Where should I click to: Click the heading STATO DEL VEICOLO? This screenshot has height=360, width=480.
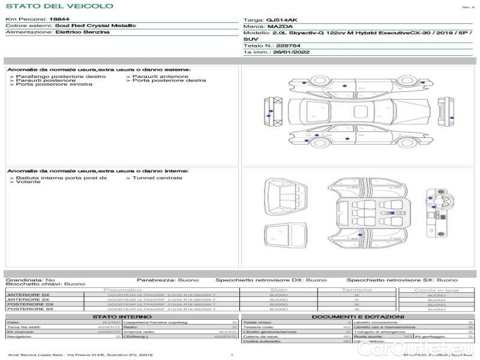tap(59, 6)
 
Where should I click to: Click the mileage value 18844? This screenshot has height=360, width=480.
tap(61, 20)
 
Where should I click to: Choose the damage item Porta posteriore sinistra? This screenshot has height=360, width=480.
tap(54, 85)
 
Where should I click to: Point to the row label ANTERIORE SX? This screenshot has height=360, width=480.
tap(23, 299)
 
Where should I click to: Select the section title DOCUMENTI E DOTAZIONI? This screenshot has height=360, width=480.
tap(358, 317)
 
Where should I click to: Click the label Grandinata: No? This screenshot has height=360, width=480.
tap(30, 280)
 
